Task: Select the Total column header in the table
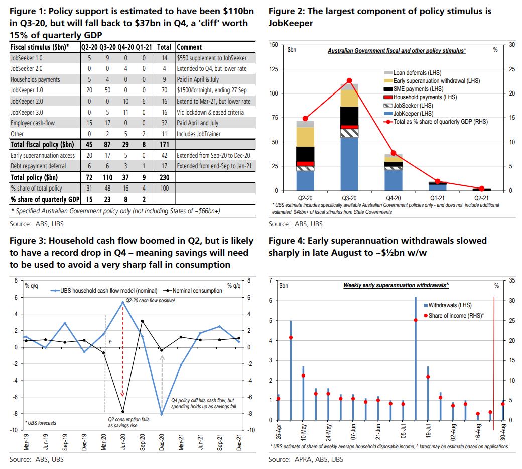[164, 47]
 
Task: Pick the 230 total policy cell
[164, 177]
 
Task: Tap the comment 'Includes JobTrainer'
[198, 134]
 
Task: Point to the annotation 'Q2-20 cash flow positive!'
[147, 300]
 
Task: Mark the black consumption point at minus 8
[122, 412]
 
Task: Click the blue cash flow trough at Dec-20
[162, 414]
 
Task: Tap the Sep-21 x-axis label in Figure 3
[219, 443]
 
